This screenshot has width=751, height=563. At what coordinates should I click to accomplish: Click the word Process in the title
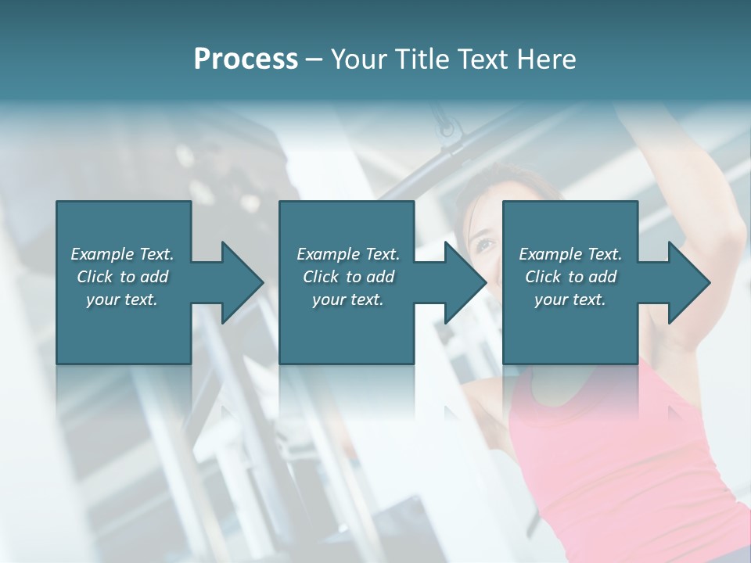point(246,59)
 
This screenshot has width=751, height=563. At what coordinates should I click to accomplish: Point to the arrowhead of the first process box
point(242,282)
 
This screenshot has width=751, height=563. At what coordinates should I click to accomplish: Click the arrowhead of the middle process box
point(465,282)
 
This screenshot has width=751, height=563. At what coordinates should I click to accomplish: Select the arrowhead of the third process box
point(689,282)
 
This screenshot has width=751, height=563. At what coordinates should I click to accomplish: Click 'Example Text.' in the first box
point(122,254)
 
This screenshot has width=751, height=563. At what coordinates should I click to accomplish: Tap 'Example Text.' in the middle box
point(348,254)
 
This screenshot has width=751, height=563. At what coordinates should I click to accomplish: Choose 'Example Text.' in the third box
point(570,254)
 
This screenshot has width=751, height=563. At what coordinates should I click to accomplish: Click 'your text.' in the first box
point(122,299)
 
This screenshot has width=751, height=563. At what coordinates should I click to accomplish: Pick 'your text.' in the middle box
point(348,299)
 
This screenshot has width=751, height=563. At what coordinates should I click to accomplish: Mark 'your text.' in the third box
point(570,299)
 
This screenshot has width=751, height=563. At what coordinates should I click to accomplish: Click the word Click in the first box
point(95,277)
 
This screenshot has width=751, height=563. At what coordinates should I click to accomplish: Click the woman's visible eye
point(484,245)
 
